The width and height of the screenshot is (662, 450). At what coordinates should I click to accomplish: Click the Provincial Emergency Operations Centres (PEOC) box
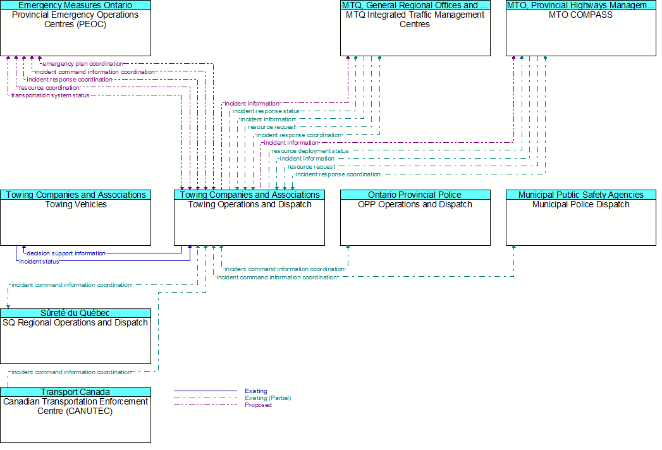point(76,28)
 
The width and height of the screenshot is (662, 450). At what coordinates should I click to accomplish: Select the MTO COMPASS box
point(581,28)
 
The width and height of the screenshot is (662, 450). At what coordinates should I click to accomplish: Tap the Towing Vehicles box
point(76,217)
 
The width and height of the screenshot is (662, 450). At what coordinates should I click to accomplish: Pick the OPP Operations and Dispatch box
point(415,217)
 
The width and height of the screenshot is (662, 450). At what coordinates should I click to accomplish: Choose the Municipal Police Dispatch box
point(581,217)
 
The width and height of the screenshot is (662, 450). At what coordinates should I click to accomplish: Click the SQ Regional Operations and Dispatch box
point(76,336)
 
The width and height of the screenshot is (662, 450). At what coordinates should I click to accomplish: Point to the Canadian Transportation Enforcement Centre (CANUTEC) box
point(76,415)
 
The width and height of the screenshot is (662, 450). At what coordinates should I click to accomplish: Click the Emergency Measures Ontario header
point(76,5)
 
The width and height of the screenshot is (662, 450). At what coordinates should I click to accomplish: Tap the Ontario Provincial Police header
point(415,195)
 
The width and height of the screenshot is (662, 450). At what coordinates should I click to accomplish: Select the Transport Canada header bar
point(76,392)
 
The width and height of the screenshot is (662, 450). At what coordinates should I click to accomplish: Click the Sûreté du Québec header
point(76,313)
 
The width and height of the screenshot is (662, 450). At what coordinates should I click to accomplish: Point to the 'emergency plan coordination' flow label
point(83,64)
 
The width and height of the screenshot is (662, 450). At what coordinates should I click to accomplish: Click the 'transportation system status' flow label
point(50,95)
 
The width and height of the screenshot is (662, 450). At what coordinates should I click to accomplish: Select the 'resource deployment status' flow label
point(310,150)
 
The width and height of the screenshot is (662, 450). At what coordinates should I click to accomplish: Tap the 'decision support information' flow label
point(66,253)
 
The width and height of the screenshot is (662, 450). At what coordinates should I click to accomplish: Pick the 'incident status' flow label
point(39,261)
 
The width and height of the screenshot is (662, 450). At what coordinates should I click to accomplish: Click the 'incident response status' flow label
point(266,111)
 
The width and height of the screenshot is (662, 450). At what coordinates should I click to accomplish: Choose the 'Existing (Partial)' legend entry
point(267,398)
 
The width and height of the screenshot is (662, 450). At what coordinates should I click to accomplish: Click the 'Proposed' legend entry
point(258,405)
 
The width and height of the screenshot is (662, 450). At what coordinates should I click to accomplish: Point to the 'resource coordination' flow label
point(49,88)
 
